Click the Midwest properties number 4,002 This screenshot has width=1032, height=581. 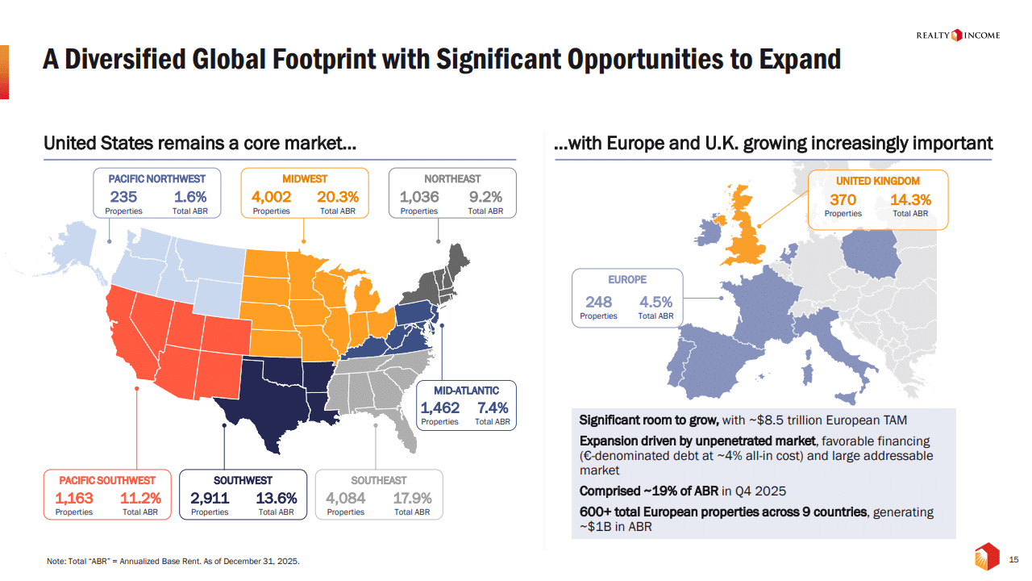[271, 197]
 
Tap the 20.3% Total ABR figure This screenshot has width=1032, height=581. [338, 197]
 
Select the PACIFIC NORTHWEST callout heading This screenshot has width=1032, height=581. [156, 178]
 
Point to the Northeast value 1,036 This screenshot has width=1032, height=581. [419, 197]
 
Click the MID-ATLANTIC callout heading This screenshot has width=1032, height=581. [466, 391]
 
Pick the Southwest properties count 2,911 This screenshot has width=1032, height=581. [210, 498]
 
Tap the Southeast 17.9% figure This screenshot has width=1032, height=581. [412, 498]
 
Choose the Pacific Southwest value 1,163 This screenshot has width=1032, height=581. [74, 498]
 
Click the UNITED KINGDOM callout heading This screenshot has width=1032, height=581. [877, 181]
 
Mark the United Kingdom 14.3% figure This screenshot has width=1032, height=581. [910, 199]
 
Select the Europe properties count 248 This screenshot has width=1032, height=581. [598, 302]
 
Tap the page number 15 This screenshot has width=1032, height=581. [1015, 559]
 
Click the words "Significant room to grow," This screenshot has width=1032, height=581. [649, 420]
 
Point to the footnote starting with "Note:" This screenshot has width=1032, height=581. [173, 561]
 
